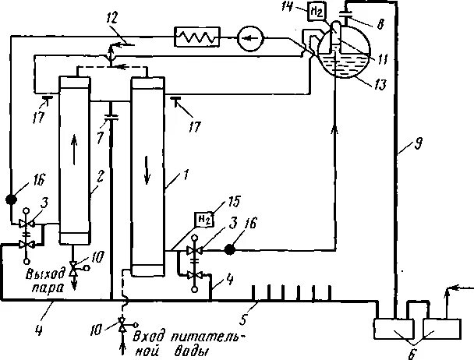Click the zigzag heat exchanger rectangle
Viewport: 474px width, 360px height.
click(x=198, y=36)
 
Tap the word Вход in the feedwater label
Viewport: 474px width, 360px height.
click(x=147, y=337)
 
